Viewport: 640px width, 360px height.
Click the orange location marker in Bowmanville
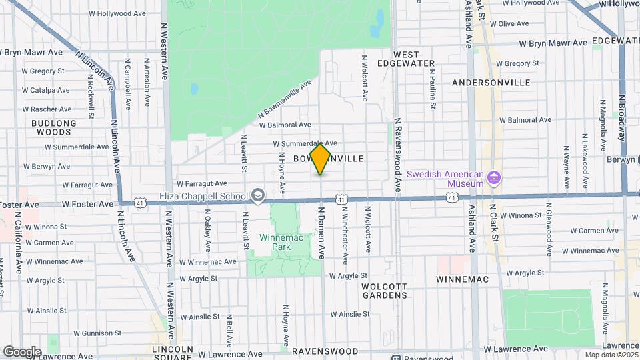click(321, 158)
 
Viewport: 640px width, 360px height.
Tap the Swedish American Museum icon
click(494, 178)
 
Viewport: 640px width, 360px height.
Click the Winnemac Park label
click(278, 241)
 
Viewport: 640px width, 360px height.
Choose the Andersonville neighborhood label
click(491, 83)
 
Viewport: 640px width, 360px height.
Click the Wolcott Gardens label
click(384, 290)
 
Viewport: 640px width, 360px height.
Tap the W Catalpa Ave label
click(45, 90)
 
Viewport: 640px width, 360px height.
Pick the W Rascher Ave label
click(46, 109)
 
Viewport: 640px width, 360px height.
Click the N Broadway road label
click(621, 117)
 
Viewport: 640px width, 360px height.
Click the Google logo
click(21, 351)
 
